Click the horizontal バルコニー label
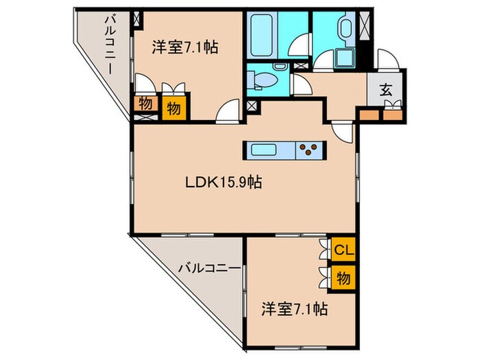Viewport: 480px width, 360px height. pyautogui.click(x=211, y=268)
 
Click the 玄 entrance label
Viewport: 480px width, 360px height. pyautogui.click(x=387, y=88)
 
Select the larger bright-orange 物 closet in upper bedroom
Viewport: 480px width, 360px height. pyautogui.click(x=174, y=108)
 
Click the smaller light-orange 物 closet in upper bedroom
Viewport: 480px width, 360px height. pyautogui.click(x=145, y=104)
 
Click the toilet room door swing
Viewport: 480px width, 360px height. pyautogui.click(x=298, y=84)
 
